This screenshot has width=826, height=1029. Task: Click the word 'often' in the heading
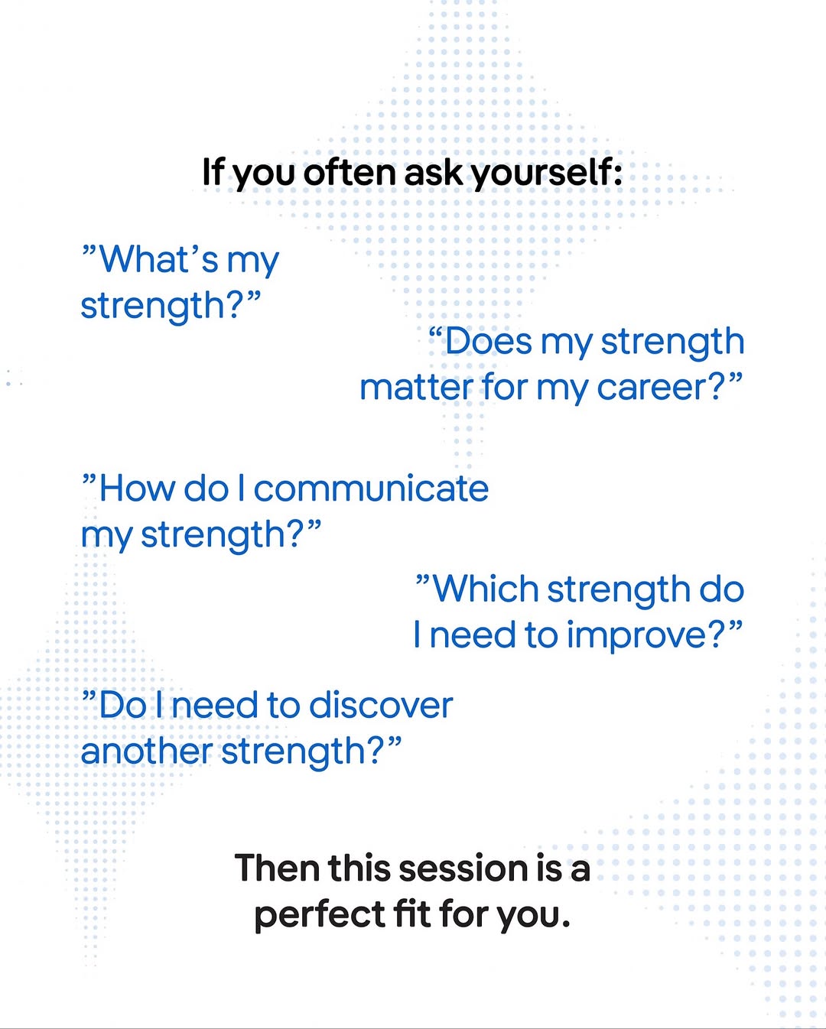[350, 172]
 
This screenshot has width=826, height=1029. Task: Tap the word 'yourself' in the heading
[539, 174]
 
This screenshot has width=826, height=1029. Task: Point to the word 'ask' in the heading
[434, 172]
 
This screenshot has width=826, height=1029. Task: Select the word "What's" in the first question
[158, 259]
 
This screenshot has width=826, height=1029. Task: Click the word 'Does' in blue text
[488, 342]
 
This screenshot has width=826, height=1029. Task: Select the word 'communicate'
[371, 489]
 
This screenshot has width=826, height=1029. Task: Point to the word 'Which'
[486, 589]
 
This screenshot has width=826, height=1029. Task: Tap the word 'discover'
[381, 706]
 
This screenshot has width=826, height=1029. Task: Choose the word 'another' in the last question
[147, 751]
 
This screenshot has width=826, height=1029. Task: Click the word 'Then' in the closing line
[277, 868]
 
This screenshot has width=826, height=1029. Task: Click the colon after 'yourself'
[617, 176]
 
